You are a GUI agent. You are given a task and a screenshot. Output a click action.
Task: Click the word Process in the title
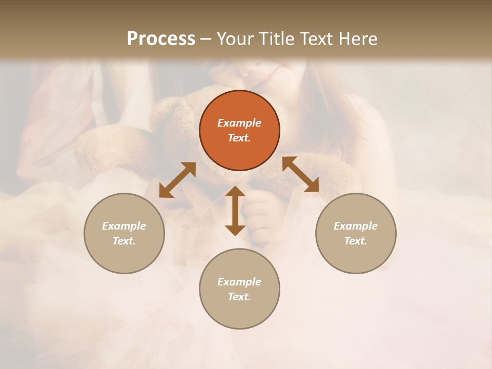pos(161,39)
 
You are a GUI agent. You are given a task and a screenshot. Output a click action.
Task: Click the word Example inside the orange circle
pos(239,123)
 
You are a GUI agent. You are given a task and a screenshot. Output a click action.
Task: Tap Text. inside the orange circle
pos(239,138)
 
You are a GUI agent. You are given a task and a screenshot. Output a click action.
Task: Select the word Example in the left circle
pos(124,226)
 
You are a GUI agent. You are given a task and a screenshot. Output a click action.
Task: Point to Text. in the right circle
pos(356,241)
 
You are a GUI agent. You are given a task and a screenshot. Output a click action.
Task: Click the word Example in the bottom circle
pos(239,282)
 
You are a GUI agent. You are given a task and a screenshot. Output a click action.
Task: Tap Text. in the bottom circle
pos(239,297)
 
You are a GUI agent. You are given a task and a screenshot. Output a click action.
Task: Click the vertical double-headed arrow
pos(235,211)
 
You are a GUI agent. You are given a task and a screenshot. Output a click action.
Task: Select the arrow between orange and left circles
pos(177,180)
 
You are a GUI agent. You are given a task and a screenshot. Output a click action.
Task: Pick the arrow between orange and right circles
pos(300,174)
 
